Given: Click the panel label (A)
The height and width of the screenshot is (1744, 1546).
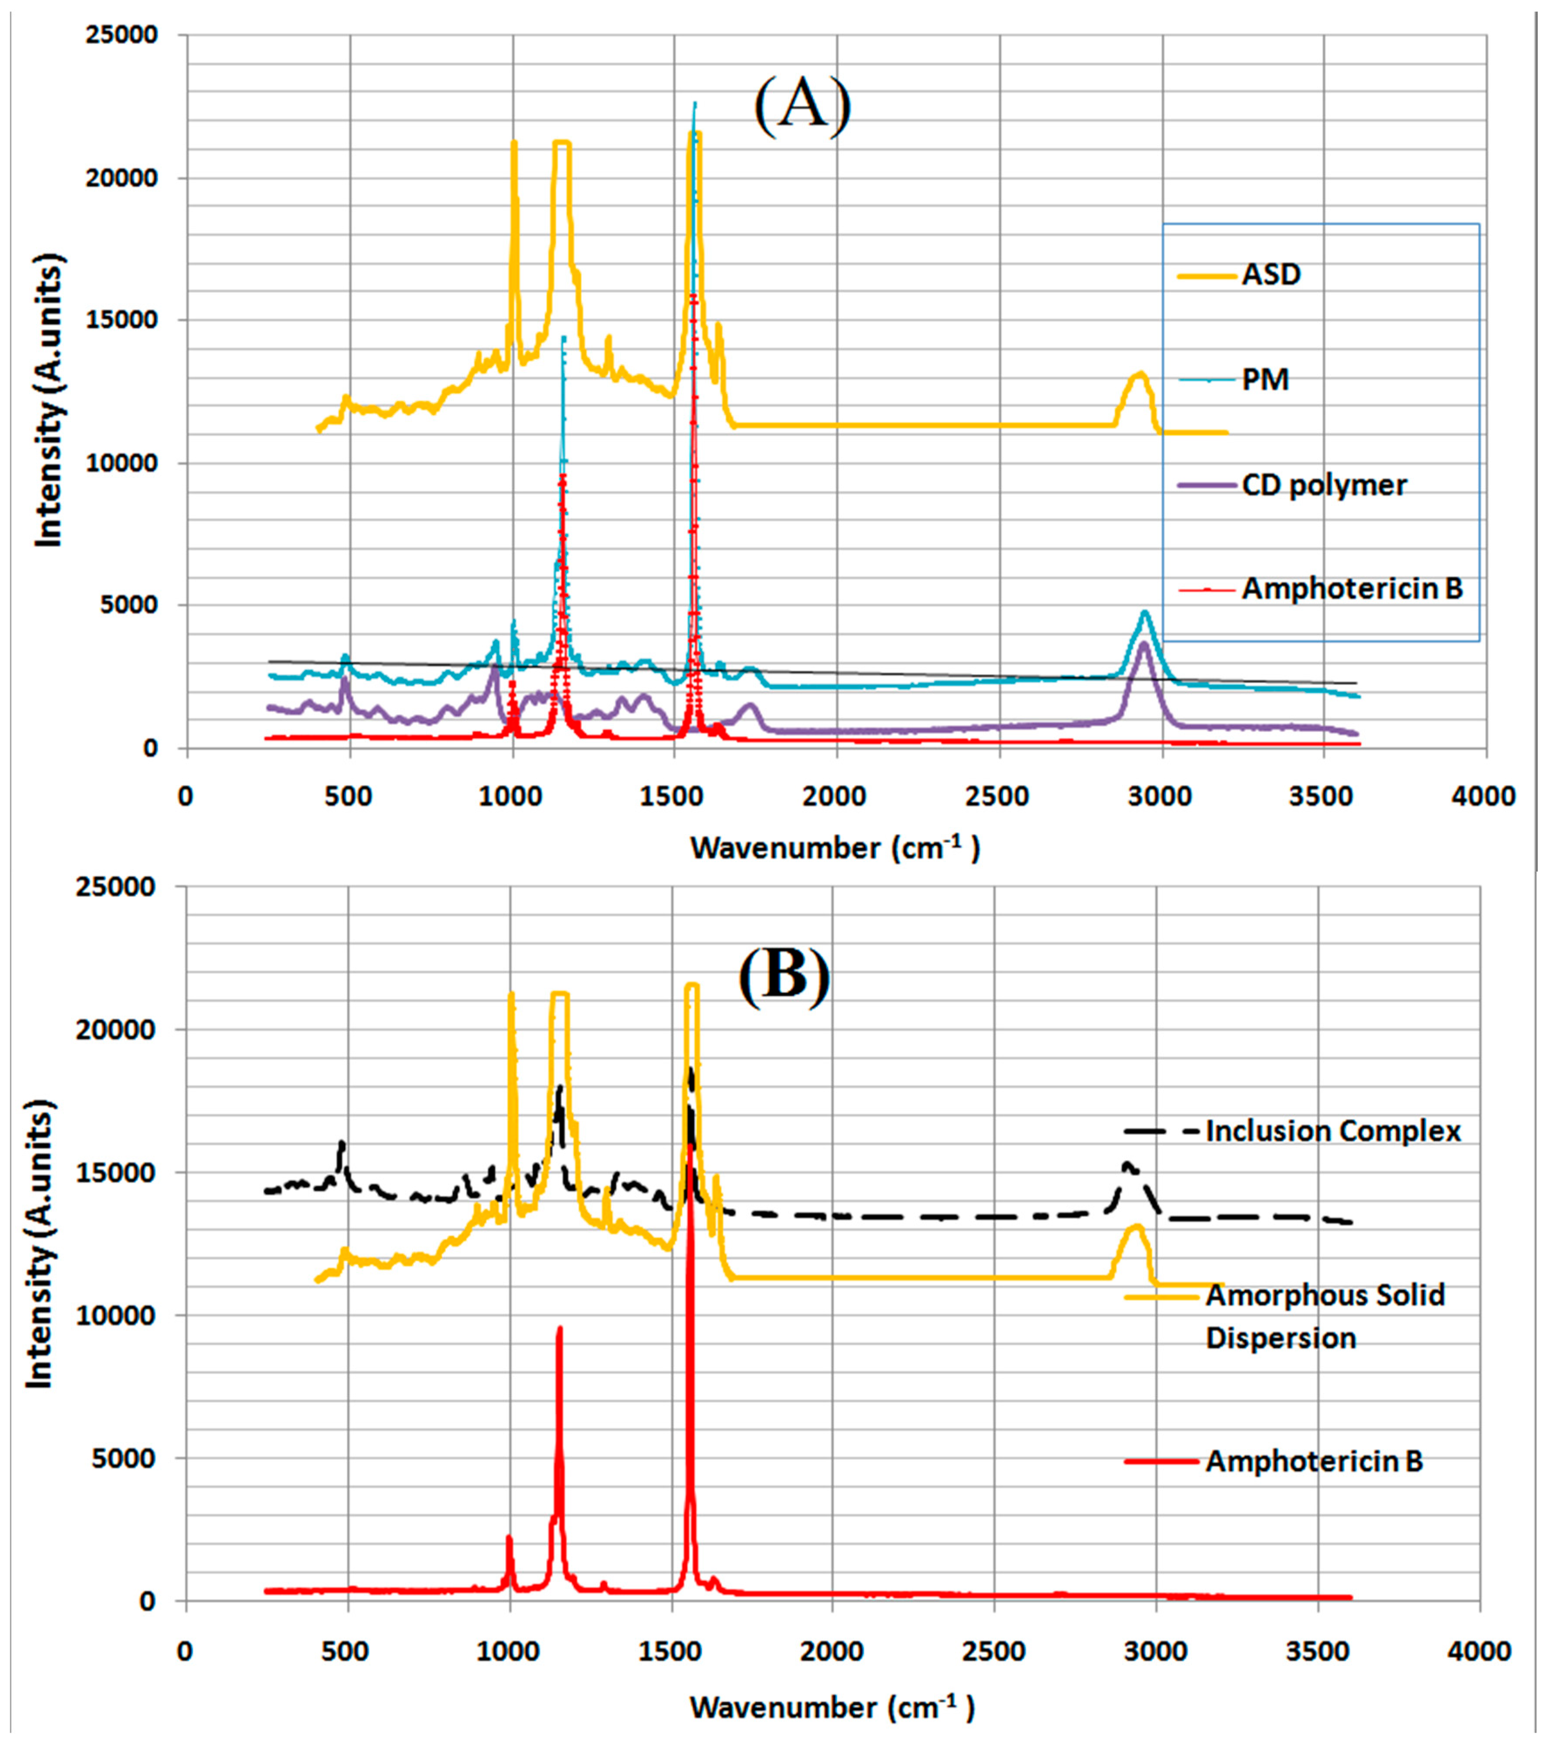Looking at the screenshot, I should (802, 105).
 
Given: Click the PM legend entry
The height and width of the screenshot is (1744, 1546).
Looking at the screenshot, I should (1264, 380).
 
